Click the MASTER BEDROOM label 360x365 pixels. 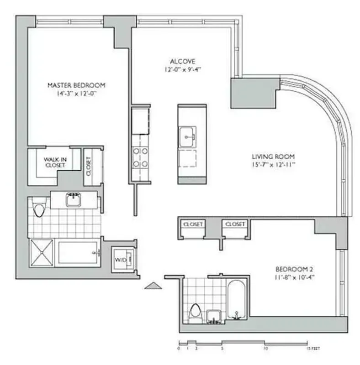(77, 85)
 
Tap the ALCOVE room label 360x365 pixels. (183, 61)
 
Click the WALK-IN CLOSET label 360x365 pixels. (55, 162)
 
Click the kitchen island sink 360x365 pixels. (187, 135)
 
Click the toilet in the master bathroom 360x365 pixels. (39, 210)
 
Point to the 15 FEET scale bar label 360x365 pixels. (313, 349)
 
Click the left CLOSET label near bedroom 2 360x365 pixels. (192, 224)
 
